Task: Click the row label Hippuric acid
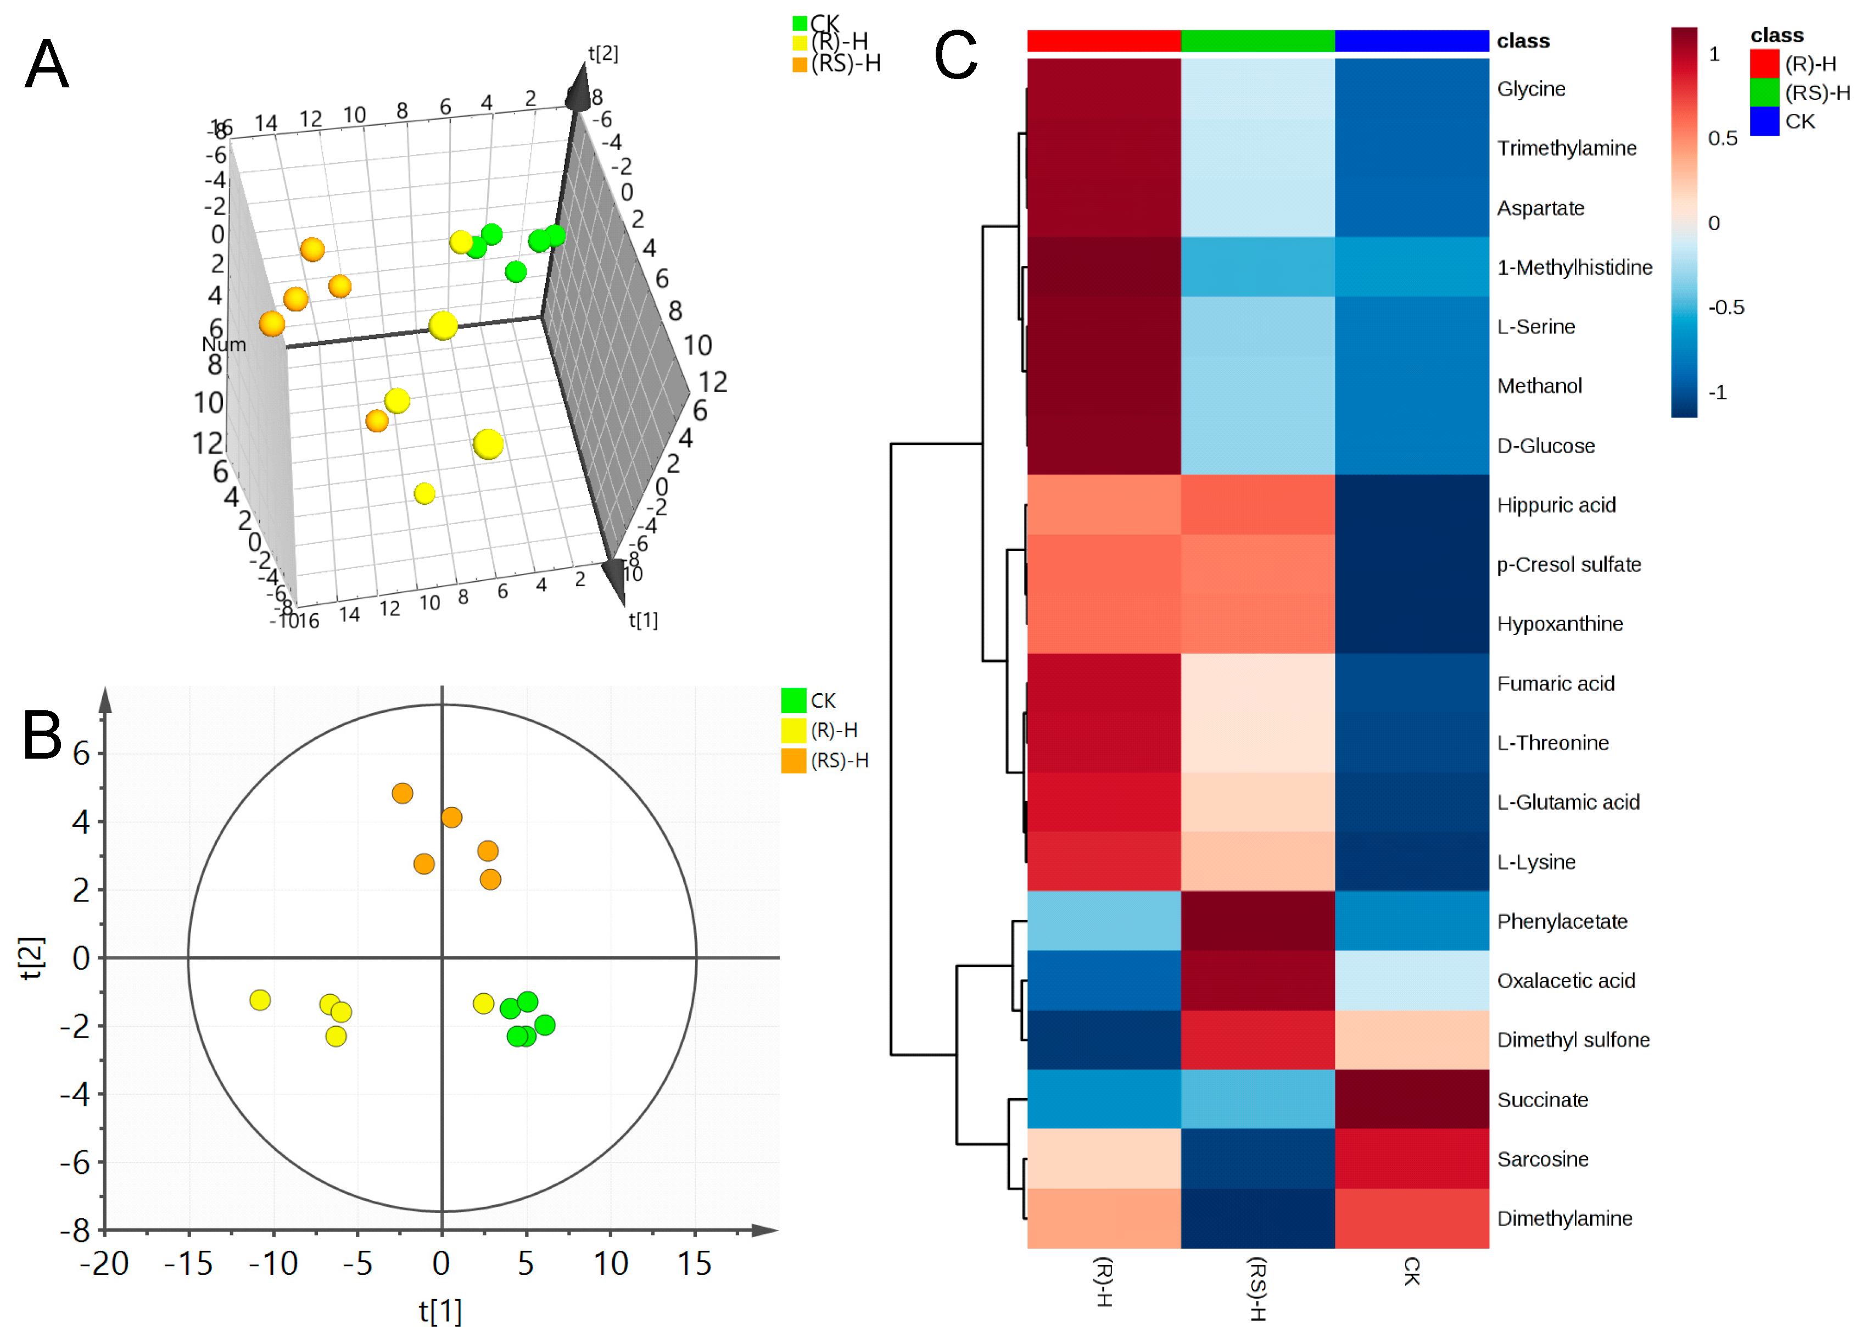click(x=1555, y=505)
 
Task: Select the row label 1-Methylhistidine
click(x=1574, y=267)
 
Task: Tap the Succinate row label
click(x=1542, y=1099)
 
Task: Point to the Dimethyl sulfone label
click(x=1572, y=1040)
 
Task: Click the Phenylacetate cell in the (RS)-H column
click(x=1257, y=921)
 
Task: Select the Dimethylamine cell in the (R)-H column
click(x=1103, y=1218)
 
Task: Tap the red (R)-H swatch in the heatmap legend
click(x=1764, y=63)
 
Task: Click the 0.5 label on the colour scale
click(x=1722, y=138)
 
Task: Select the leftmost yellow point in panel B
click(x=260, y=1000)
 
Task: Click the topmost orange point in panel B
click(x=403, y=793)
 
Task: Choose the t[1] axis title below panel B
click(x=440, y=1311)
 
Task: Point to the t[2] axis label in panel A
click(x=602, y=53)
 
